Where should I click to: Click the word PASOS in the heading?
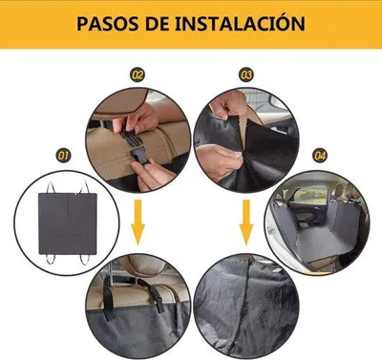tap(108, 24)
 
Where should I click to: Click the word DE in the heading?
tap(158, 24)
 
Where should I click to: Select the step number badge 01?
tap(63, 156)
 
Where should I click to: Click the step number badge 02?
tap(138, 75)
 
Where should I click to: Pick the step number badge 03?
tap(246, 75)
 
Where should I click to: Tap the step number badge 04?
tap(320, 156)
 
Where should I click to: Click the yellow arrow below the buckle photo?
tap(138, 222)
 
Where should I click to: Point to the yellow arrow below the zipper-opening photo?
tap(246, 222)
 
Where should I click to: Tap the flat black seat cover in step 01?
tap(68, 222)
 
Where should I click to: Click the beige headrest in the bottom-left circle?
tap(146, 265)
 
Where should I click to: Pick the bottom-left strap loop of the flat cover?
tap(50, 259)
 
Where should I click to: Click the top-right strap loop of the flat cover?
tap(85, 187)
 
